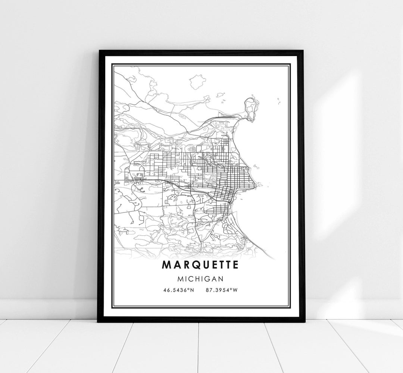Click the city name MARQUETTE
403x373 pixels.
pyautogui.click(x=200, y=264)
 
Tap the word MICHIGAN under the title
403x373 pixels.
pyautogui.click(x=200, y=278)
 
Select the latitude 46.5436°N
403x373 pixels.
pyautogui.click(x=178, y=289)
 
